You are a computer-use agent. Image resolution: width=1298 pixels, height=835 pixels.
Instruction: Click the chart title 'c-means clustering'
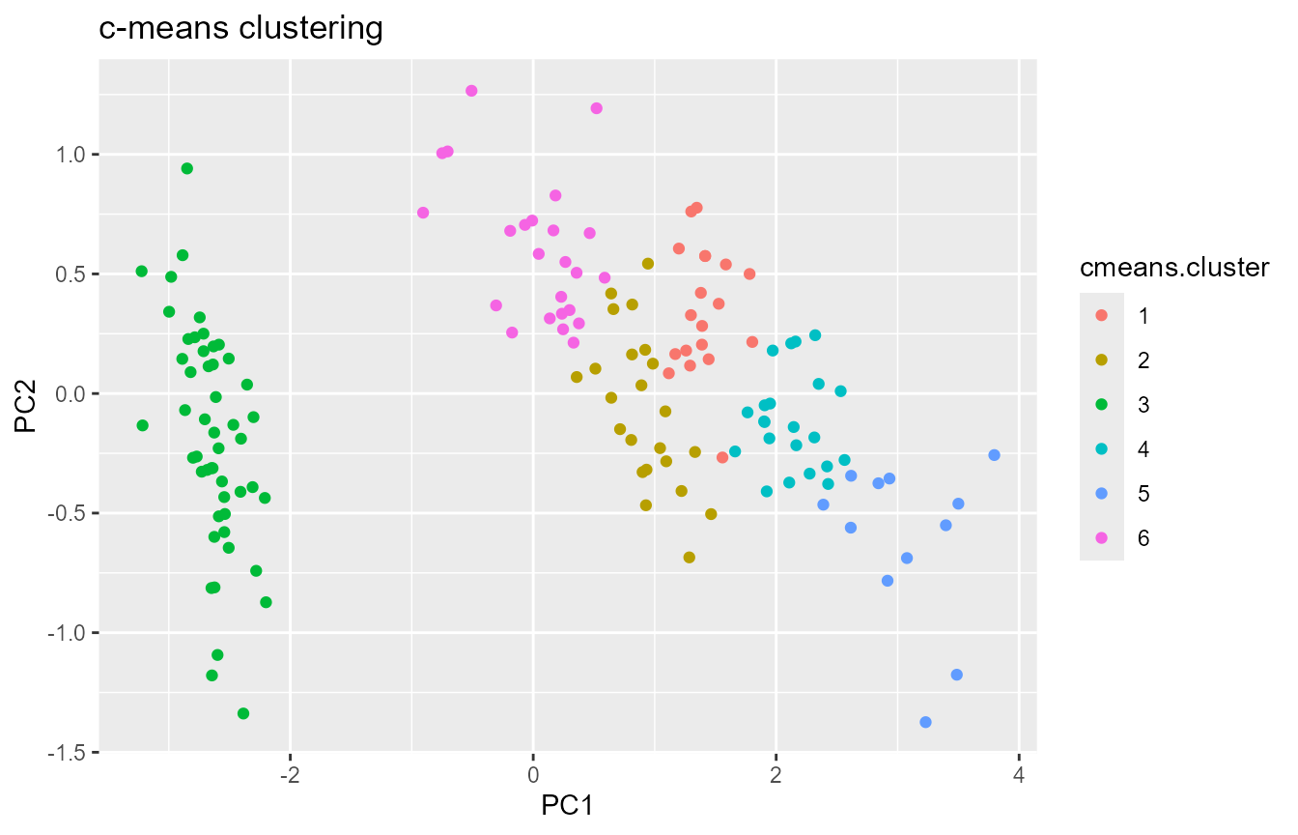point(241,29)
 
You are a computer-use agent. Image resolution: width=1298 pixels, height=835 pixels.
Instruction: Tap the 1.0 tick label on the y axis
point(71,155)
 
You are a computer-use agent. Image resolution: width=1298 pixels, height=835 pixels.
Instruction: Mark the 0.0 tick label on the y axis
point(71,393)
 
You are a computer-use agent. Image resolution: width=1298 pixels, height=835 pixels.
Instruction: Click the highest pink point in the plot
point(471,91)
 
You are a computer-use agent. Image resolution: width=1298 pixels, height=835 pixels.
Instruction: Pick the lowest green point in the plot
point(243,713)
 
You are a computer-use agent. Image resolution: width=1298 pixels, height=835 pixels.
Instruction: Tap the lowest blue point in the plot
point(925,722)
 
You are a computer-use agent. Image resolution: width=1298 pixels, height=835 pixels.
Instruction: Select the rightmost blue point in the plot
point(994,455)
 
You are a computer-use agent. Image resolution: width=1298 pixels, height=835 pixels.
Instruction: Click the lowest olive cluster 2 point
point(689,557)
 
